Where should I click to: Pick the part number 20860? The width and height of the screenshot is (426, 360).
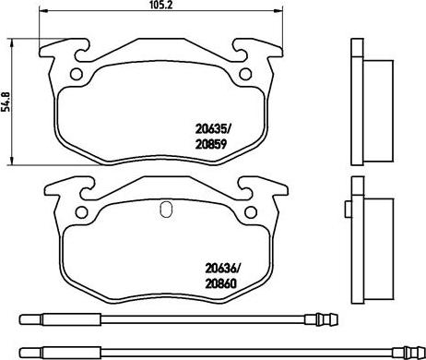(220, 287)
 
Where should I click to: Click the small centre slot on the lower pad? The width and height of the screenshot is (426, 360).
(164, 209)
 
